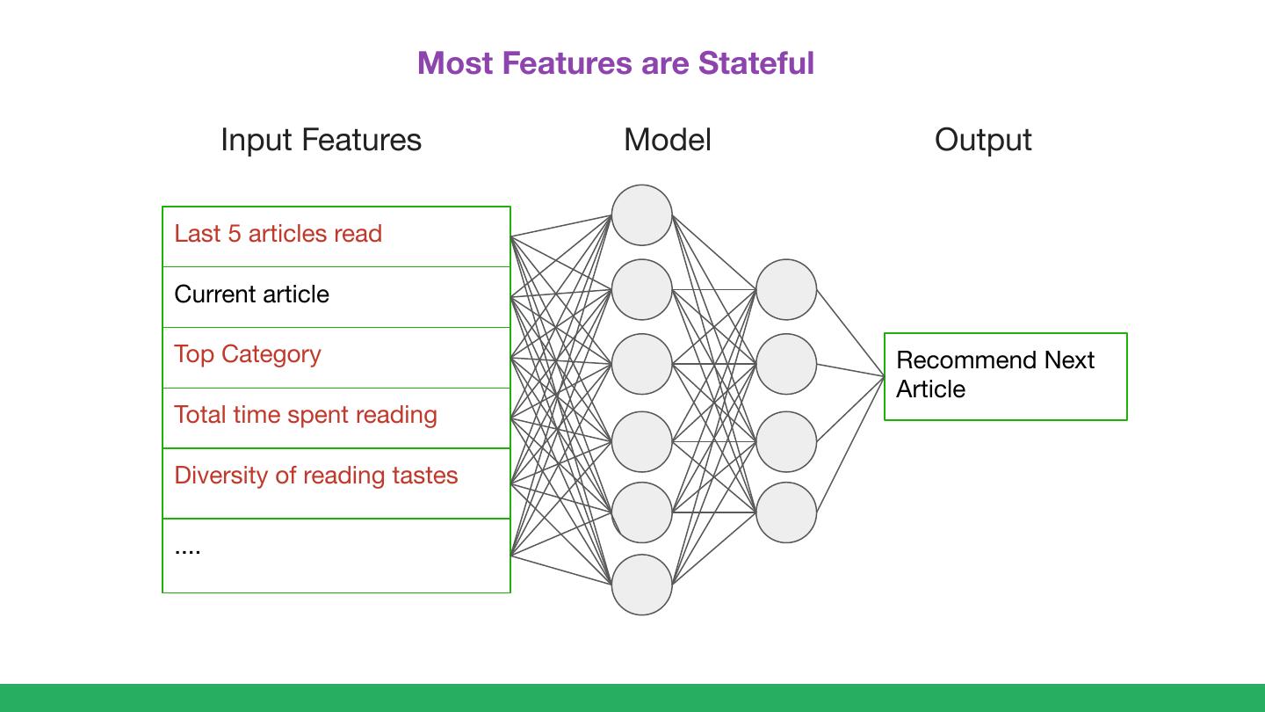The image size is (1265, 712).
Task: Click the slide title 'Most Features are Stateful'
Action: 616,62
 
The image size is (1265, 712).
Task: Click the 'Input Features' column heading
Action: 321,140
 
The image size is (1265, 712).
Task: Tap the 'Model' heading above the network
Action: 668,140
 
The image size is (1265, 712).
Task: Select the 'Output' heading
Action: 983,140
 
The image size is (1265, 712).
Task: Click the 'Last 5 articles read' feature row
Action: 336,236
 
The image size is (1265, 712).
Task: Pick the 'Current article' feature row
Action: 336,297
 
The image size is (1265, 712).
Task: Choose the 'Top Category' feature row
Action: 336,357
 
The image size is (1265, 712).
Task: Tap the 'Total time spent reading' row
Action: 336,418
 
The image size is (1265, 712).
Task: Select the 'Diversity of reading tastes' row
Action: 336,483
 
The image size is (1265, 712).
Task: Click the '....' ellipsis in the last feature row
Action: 187,551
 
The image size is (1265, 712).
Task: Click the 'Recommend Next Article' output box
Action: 1006,376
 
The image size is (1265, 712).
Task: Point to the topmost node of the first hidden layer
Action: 641,214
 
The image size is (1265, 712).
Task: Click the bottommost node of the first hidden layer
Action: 641,585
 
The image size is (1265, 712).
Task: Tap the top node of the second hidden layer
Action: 786,289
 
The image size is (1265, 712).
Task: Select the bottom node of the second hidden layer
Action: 786,512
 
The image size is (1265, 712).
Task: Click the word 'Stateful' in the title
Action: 756,62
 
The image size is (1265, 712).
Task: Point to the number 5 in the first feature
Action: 235,234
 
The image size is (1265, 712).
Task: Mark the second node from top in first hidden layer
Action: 641,289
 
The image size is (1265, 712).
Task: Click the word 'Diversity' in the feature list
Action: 221,476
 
